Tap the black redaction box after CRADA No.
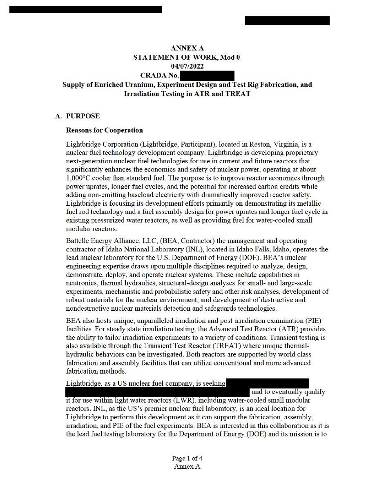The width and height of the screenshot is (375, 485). [207, 76]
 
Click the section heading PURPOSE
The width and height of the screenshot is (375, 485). [83, 116]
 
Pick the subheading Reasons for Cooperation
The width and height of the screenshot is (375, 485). [105, 130]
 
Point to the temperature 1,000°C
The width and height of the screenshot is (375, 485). [80, 178]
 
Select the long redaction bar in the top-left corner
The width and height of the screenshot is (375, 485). [86, 9]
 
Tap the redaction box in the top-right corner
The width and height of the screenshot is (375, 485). [287, 21]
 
